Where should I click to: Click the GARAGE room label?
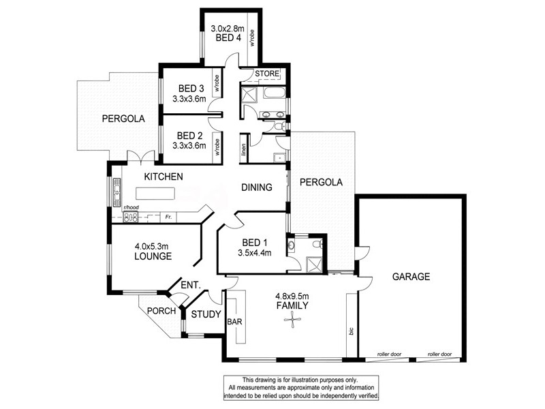[x=411, y=277]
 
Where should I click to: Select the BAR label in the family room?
[x=234, y=322]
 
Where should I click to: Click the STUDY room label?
[x=205, y=314]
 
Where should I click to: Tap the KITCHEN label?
[x=163, y=177]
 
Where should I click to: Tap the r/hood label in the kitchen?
[x=131, y=207]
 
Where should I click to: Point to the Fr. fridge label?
[x=168, y=217]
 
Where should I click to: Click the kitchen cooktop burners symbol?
[x=131, y=217]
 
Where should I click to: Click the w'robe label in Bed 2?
[x=217, y=147]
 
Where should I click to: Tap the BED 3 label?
[x=191, y=88]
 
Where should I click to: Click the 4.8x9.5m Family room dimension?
[x=292, y=296]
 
